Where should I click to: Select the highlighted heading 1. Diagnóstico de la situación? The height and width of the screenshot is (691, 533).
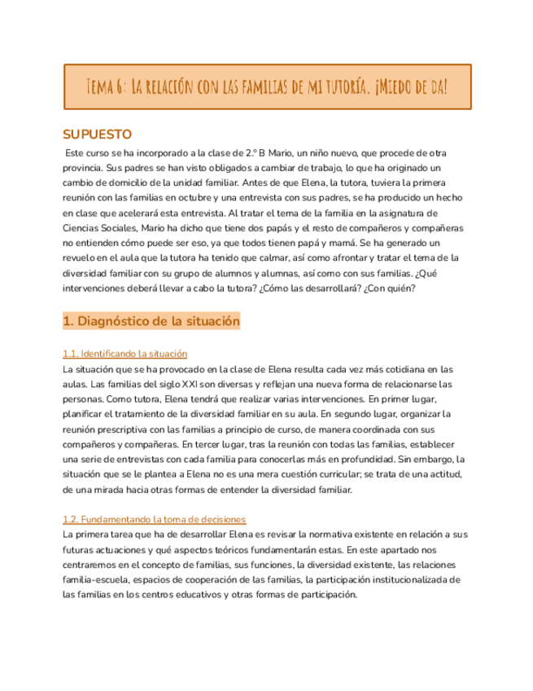point(151,322)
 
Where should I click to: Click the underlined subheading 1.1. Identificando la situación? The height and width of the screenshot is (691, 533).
point(125,354)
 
